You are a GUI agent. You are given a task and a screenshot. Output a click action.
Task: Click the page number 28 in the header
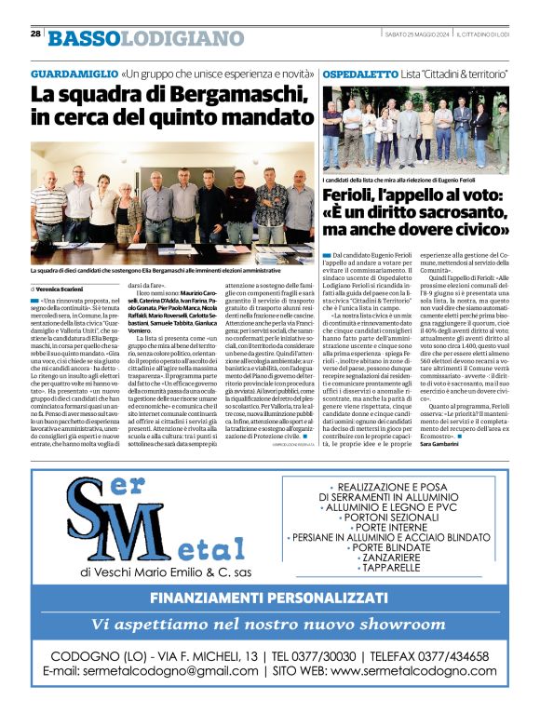35,34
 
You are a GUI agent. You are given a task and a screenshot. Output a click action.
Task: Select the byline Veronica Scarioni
66,289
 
